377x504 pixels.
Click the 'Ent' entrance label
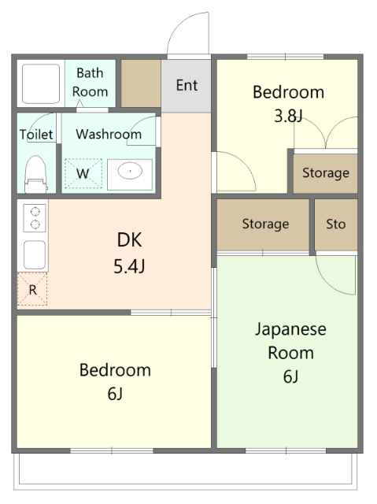[187, 85]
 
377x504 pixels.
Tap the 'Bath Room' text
[91, 82]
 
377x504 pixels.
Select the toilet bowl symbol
[35, 172]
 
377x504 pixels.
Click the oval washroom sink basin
[130, 171]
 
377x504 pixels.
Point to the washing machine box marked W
[83, 172]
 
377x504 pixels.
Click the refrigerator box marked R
[32, 290]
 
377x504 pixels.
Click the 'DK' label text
[130, 239]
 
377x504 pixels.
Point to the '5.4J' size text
[130, 265]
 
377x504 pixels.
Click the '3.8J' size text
[288, 117]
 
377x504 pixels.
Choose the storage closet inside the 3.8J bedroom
[325, 173]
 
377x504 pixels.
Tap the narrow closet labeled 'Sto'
[336, 224]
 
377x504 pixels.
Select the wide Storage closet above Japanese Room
[264, 224]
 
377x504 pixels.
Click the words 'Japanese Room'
[290, 340]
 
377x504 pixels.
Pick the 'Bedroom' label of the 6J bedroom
[115, 369]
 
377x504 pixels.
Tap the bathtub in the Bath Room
[39, 82]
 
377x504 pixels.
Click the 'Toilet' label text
[36, 135]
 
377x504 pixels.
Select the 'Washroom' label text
[109, 135]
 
